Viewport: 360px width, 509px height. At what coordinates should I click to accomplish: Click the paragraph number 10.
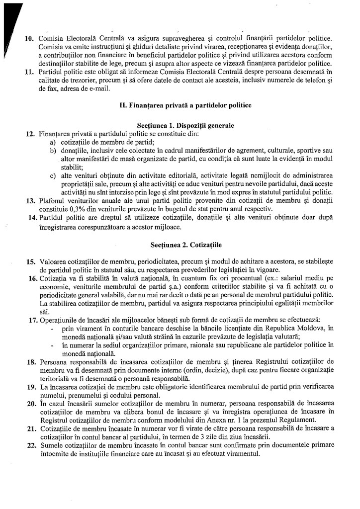pos(29,38)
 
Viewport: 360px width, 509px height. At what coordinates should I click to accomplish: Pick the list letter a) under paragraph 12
pos(52,143)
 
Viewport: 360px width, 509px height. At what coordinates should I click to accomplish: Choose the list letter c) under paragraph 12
pos(52,175)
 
